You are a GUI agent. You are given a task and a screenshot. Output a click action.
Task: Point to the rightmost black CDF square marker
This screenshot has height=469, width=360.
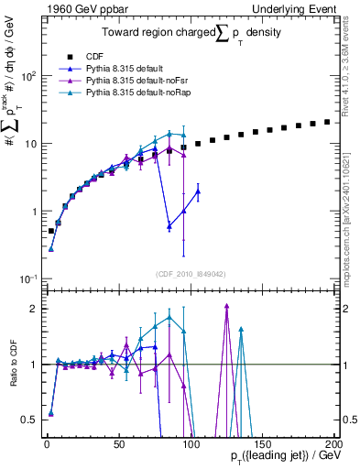click(327, 121)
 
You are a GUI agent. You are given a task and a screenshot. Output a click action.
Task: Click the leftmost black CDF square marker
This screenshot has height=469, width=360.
click(51, 231)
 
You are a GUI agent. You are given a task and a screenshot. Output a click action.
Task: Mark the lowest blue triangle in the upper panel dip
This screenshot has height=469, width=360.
click(169, 225)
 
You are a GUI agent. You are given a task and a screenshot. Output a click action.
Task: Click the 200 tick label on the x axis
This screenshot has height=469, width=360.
click(333, 443)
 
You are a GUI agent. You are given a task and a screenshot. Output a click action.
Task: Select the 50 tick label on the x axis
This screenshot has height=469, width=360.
click(118, 443)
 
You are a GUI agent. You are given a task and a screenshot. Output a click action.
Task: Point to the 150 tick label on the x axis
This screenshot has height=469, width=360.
click(261, 443)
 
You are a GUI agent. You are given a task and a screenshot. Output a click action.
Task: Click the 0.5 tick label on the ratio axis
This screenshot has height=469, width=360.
click(31, 420)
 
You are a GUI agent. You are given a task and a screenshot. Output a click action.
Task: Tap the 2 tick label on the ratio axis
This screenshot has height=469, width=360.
click(35, 309)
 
